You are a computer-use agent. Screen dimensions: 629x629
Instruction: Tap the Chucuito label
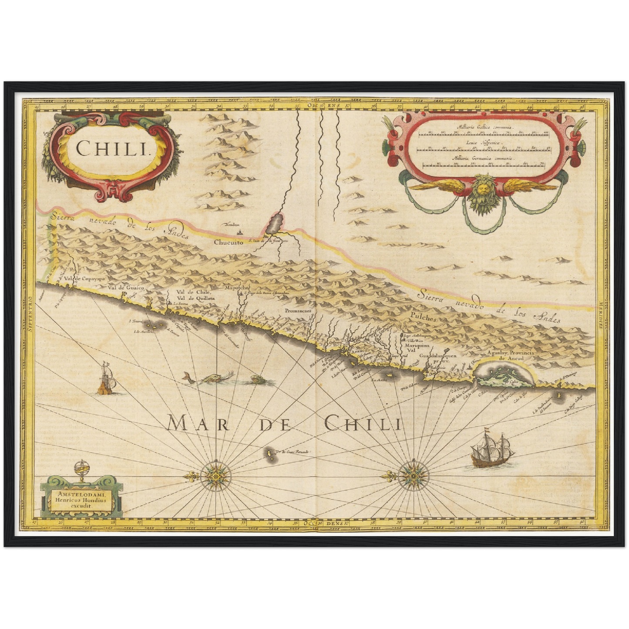coord(228,244)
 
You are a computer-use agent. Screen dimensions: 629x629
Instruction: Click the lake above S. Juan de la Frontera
coord(273,224)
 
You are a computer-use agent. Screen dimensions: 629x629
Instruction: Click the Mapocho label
coord(235,288)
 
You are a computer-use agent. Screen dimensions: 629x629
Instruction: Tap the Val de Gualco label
coord(126,288)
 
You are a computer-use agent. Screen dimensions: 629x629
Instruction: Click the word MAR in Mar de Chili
coord(192,423)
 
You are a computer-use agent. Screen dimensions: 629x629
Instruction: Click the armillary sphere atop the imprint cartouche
coord(80,470)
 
